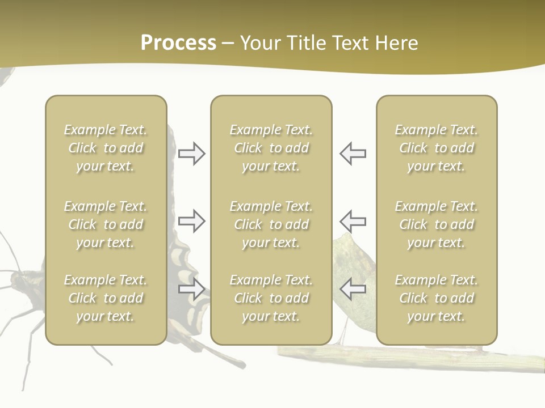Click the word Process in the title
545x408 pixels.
tap(178, 43)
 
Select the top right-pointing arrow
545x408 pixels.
tap(191, 154)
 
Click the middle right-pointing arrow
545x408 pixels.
tap(191, 221)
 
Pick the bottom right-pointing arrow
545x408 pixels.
tap(191, 289)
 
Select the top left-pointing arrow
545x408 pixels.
tap(353, 154)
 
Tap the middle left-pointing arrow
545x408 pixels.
tap(353, 221)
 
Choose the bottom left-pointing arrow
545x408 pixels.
tap(353, 289)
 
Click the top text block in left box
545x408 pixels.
tap(106, 148)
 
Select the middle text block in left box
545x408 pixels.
tap(106, 224)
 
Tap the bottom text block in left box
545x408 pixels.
tap(106, 298)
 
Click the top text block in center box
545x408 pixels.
tap(271, 148)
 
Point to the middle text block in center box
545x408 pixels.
tap(271, 224)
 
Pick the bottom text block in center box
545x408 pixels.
tap(271, 298)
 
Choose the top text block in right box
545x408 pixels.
tap(436, 148)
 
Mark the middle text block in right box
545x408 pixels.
tap(436, 224)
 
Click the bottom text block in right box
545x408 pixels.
tap(436, 298)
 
